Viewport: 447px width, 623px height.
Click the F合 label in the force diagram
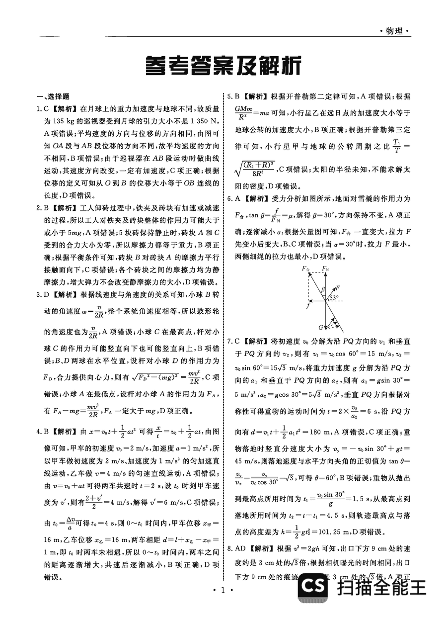tap(305, 269)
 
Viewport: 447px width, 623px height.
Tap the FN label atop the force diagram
tap(325, 268)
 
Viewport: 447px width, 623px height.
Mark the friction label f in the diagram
tap(308, 306)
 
